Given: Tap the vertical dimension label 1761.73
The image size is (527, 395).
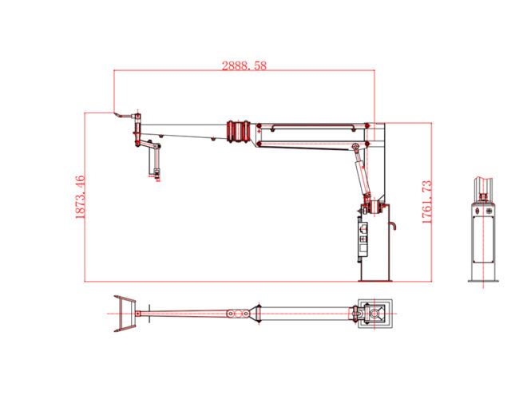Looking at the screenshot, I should (426, 201).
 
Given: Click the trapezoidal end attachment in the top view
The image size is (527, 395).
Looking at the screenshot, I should (124, 313).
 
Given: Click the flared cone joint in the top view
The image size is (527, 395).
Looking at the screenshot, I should (256, 314).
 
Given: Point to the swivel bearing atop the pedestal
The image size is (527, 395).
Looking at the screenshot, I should (372, 208).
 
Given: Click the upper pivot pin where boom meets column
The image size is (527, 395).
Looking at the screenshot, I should (367, 125).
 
